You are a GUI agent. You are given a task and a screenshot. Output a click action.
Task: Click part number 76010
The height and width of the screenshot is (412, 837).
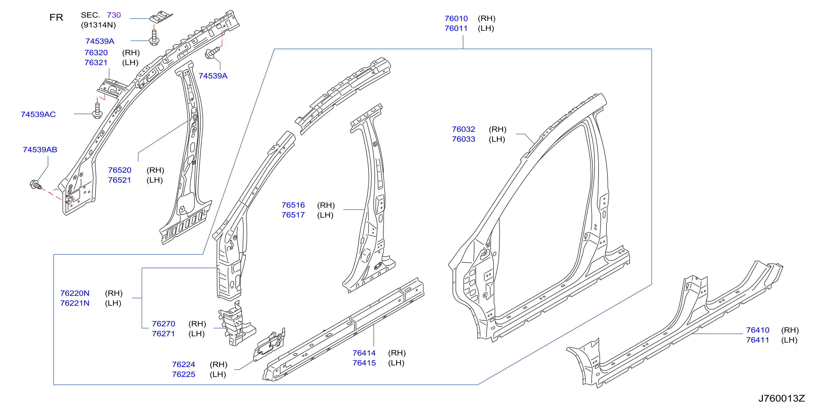point(456,19)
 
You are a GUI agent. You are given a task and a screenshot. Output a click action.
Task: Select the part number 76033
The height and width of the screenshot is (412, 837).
point(463,139)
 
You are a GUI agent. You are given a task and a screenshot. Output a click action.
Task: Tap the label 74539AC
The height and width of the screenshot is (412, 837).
point(38,114)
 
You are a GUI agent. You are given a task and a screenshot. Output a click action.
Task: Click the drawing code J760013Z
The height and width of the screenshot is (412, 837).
point(781,398)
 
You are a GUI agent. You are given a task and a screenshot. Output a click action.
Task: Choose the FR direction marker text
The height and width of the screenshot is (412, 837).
point(56,17)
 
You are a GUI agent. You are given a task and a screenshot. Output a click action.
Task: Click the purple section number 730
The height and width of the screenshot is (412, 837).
point(114,15)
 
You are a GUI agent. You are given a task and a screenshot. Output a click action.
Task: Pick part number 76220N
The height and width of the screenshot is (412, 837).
point(75,293)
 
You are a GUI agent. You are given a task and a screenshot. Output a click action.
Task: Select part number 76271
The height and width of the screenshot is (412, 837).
point(164,334)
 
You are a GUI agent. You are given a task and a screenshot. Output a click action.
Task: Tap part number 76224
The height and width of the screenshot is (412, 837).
point(184,365)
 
